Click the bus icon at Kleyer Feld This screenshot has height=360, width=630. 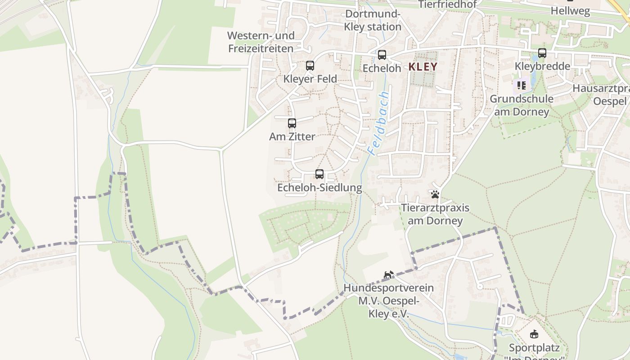[x=310, y=66]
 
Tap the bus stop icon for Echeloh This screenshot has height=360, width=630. [x=382, y=55]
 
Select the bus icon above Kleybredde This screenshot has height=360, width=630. [x=542, y=53]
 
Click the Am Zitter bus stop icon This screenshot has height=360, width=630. [x=292, y=123]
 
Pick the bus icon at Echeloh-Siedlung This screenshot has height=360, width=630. [x=319, y=174]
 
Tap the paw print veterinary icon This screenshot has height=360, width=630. [x=435, y=194]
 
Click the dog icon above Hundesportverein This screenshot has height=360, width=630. [x=388, y=274]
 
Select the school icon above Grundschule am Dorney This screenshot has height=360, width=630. [x=522, y=85]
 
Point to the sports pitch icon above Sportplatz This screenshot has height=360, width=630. [x=534, y=334]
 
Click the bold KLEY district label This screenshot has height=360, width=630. [x=423, y=67]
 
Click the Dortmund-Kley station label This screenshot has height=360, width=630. [x=373, y=20]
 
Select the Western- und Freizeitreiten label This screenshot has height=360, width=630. [x=261, y=42]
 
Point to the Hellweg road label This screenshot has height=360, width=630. [x=570, y=11]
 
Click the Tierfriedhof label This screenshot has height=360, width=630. [x=447, y=4]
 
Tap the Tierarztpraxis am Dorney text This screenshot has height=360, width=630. [x=435, y=214]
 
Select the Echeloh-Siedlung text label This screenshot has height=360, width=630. [x=319, y=188]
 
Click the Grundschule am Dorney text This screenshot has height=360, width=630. [x=522, y=105]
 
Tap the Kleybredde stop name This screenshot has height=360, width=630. [x=542, y=66]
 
